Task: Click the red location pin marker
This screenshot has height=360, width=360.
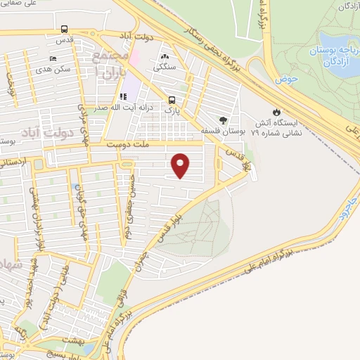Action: click(181, 165)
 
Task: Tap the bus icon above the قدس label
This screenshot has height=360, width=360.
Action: click(65, 30)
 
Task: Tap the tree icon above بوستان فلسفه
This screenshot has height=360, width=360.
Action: click(224, 120)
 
